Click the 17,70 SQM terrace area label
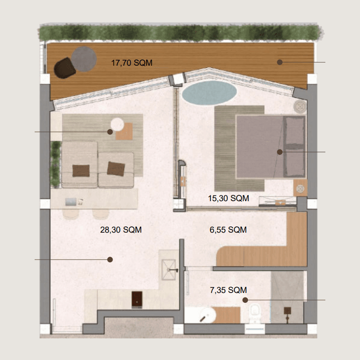[x=132, y=63]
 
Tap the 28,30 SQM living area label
[x=121, y=229]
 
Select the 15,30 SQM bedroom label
[x=229, y=198]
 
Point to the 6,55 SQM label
[x=228, y=229]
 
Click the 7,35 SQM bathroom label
[x=228, y=290]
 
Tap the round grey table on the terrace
[x=84, y=59]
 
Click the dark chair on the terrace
[x=64, y=68]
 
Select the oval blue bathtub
[x=209, y=93]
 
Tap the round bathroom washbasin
[x=207, y=315]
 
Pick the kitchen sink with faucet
[x=169, y=270]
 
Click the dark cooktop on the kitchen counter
[x=137, y=300]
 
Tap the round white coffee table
[x=117, y=124]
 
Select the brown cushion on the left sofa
[x=81, y=171]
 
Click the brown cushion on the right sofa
[x=116, y=169]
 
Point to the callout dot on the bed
[x=279, y=152]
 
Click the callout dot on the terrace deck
[x=279, y=62]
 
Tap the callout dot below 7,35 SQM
[x=245, y=300]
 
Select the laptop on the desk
[x=71, y=202]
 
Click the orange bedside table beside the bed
[x=300, y=188]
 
